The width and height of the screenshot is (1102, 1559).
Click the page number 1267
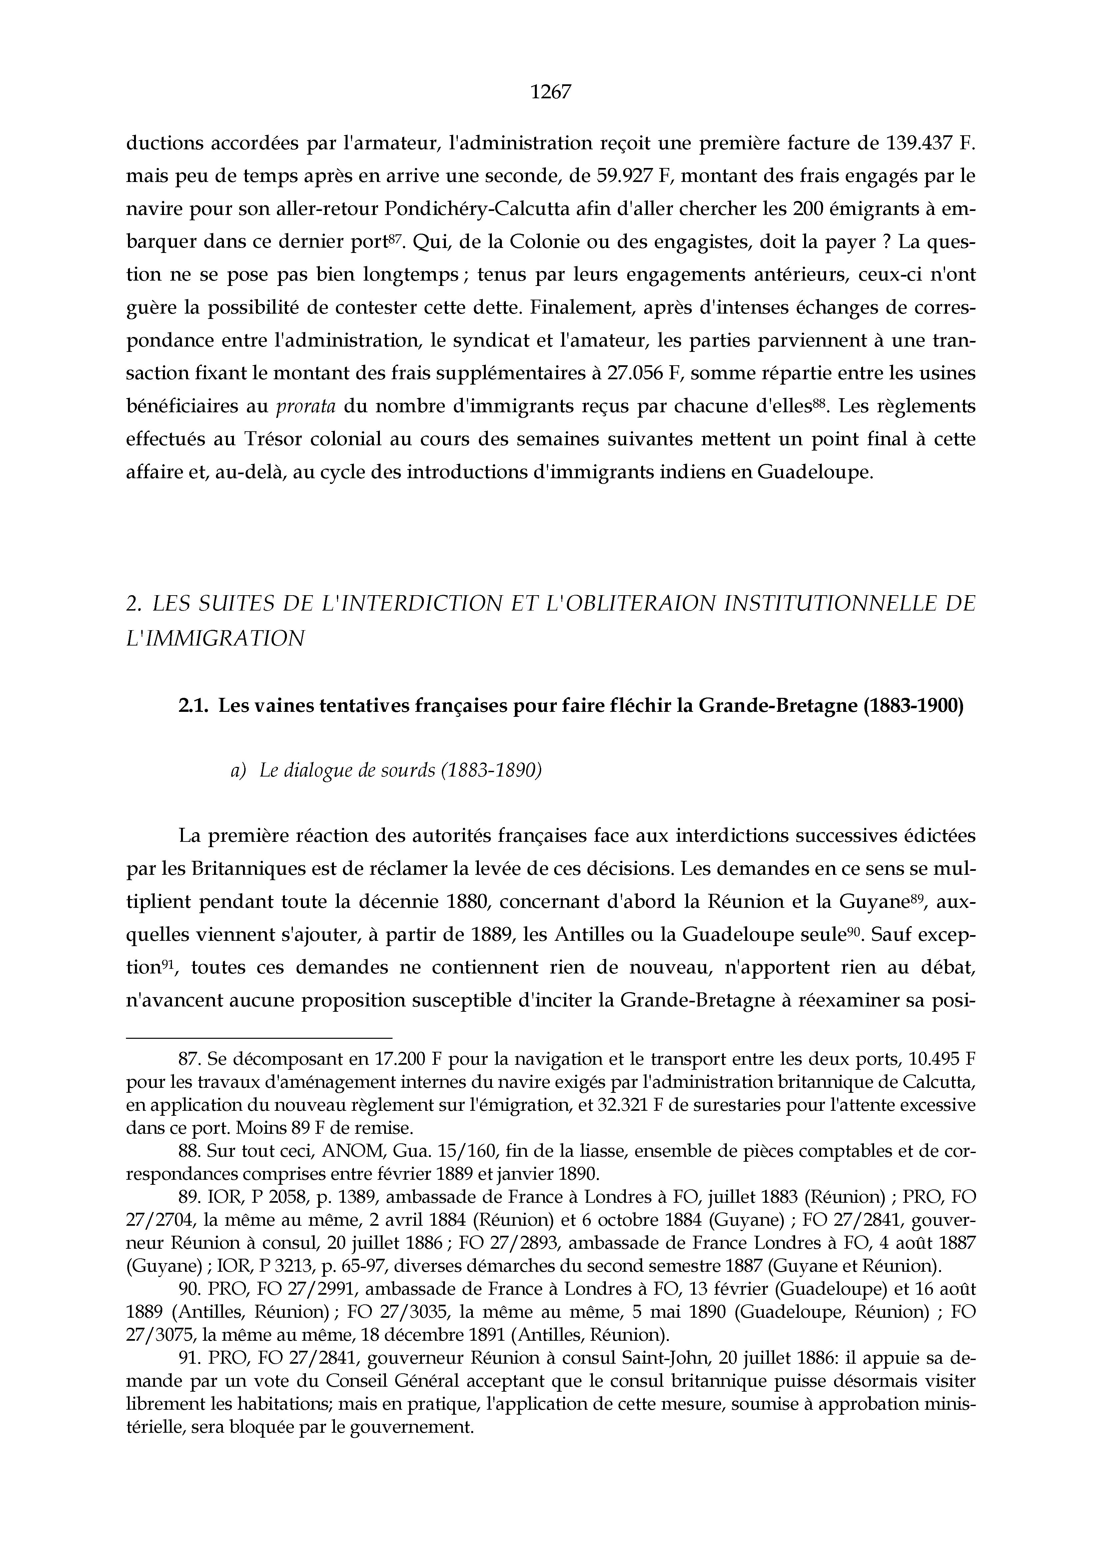click(551, 92)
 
